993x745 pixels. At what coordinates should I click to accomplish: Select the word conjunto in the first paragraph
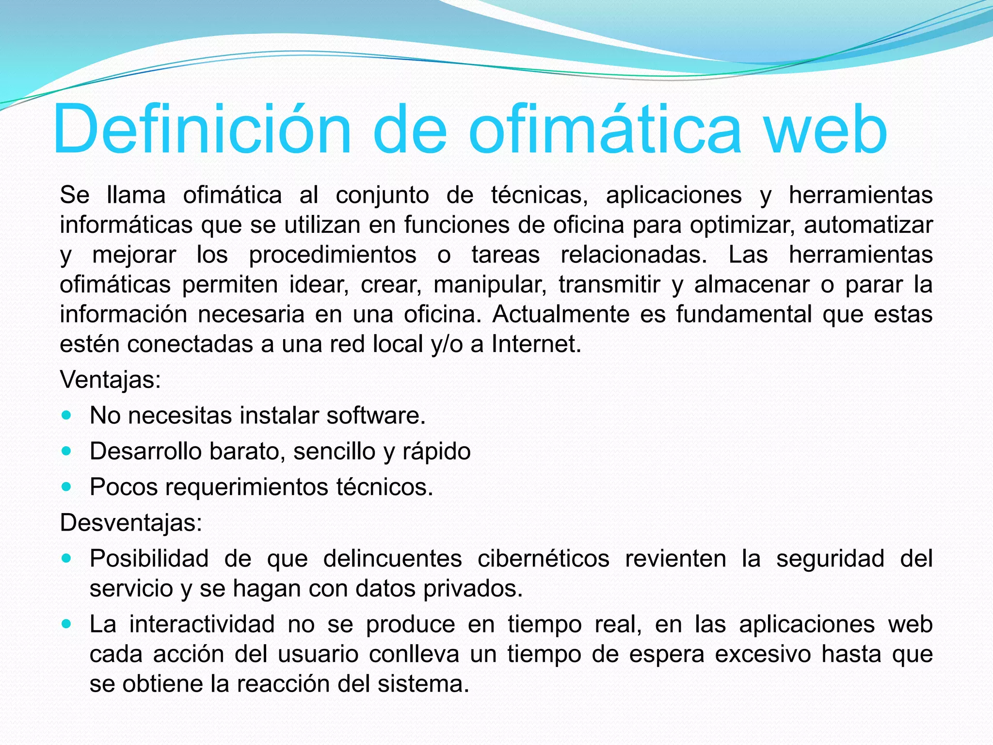[x=382, y=195]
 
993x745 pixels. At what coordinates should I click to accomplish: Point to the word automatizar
[x=868, y=226]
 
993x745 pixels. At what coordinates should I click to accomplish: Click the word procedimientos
[x=333, y=255]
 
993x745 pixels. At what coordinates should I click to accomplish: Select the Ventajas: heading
[x=110, y=380]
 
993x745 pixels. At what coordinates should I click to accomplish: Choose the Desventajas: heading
[x=131, y=523]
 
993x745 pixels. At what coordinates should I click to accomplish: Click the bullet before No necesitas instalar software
[x=67, y=416]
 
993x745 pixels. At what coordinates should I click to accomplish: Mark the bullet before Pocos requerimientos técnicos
[x=67, y=487]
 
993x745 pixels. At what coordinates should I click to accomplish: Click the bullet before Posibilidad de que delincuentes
[x=67, y=559]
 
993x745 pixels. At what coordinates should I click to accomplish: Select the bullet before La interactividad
[x=67, y=624]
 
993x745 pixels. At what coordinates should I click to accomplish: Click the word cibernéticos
[x=543, y=559]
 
